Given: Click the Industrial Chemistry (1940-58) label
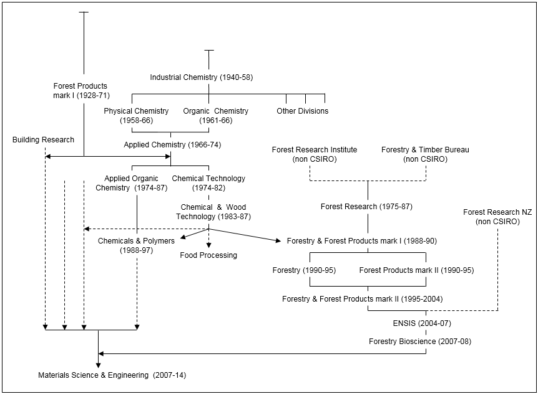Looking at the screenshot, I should pos(201,77).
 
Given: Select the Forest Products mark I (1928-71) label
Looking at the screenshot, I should pos(81,91).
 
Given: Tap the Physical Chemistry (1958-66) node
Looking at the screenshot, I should pos(136,116).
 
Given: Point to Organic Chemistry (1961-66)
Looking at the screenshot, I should pos(215,116).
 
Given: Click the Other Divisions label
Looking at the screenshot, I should pos(302,111).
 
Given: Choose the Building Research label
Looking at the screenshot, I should pos(43,140).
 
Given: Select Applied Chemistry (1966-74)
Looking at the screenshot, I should pos(172,145).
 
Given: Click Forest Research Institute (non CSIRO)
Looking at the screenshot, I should pos(314,154).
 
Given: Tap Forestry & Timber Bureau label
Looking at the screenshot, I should pos(425,154).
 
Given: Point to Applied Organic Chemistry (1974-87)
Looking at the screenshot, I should pos(131,183).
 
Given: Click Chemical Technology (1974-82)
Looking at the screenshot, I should pos(208,183).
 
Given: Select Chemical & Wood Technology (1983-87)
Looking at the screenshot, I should pos(213,212).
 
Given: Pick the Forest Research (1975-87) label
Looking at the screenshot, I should pos(366,207).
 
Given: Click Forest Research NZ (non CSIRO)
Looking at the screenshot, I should pos(497,217).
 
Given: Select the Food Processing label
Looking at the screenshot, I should pos(208,255).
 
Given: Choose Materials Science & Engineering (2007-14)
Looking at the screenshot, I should pos(112,375).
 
